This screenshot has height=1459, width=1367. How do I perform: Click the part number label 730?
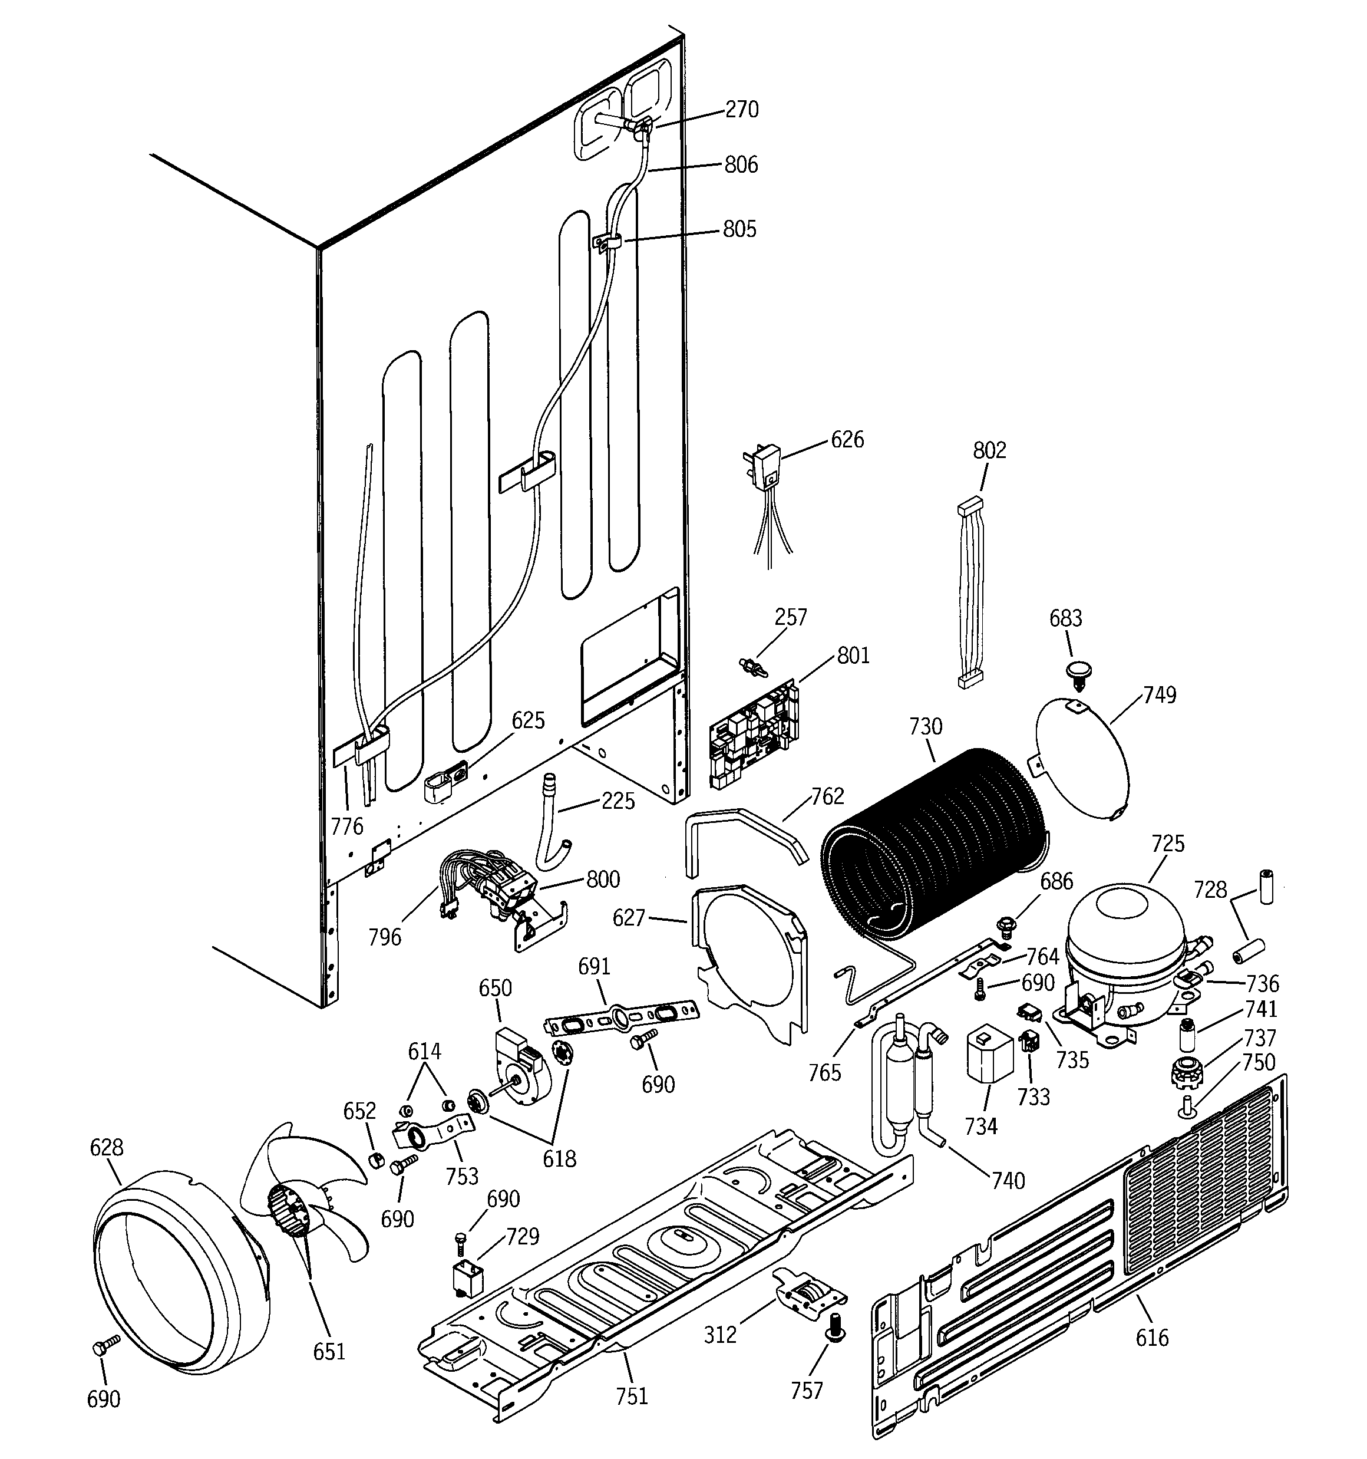pyautogui.click(x=924, y=727)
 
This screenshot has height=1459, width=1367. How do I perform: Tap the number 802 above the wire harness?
pyautogui.click(x=989, y=450)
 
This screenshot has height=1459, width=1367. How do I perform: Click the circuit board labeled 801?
pyautogui.click(x=753, y=735)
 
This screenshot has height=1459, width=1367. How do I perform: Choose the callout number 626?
pyautogui.click(x=847, y=440)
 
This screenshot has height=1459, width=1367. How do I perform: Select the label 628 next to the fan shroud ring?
pyautogui.click(x=107, y=1147)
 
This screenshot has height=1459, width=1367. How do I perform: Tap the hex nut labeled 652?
pyautogui.click(x=376, y=1160)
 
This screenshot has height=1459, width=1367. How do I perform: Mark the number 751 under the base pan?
pyautogui.click(x=632, y=1396)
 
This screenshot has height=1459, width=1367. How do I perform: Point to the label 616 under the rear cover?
pyautogui.click(x=1151, y=1338)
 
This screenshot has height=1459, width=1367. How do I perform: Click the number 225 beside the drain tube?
pyautogui.click(x=618, y=801)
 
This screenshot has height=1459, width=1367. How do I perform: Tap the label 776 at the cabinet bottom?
pyautogui.click(x=347, y=826)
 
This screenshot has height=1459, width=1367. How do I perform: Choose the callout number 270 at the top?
pyautogui.click(x=742, y=110)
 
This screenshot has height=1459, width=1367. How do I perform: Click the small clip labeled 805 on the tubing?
pyautogui.click(x=607, y=242)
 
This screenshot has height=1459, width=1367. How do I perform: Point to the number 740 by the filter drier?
pyautogui.click(x=1008, y=1180)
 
